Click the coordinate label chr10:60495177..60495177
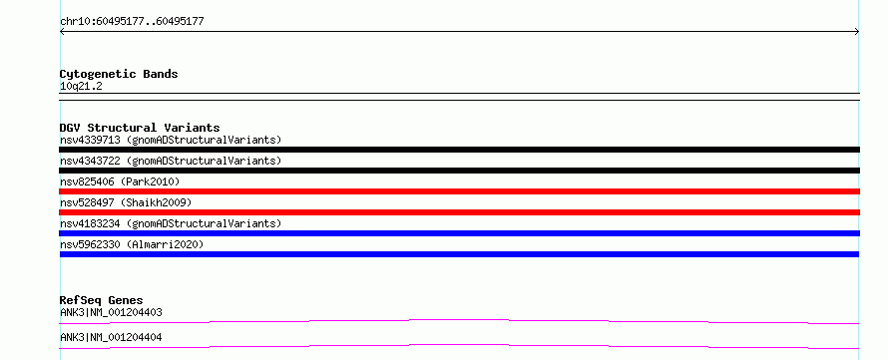(x=132, y=22)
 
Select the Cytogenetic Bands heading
(x=119, y=74)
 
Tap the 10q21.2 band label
(x=81, y=87)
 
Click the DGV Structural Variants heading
(x=140, y=128)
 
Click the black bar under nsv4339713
(x=459, y=150)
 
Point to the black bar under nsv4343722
(x=459, y=171)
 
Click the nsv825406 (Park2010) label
(x=120, y=181)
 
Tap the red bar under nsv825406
(x=459, y=191)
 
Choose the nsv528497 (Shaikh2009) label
(x=126, y=202)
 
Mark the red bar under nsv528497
(x=459, y=212)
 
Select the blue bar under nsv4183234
(x=459, y=233)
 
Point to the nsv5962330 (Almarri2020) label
(x=132, y=244)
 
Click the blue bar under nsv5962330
(x=459, y=254)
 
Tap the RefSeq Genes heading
(x=102, y=300)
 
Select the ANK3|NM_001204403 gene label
(x=112, y=312)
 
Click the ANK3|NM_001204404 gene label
(x=112, y=337)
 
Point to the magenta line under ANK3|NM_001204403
(x=459, y=320)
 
